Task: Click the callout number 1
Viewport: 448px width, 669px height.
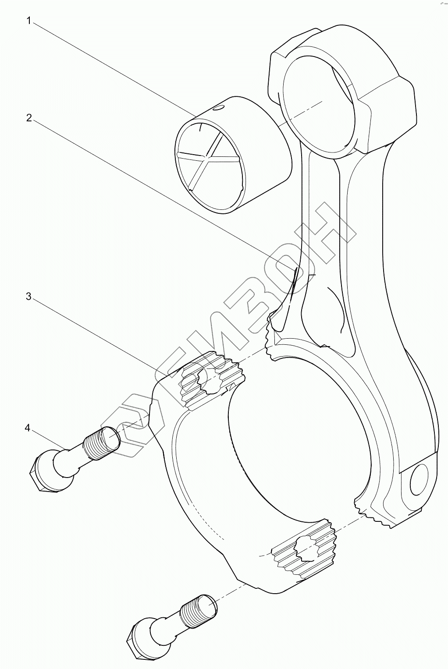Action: (x=28, y=21)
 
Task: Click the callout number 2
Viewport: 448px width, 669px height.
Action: (x=28, y=118)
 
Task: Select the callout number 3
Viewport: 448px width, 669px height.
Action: (x=28, y=297)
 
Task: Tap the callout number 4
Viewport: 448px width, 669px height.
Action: (x=28, y=428)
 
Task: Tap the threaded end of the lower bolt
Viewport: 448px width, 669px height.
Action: (x=199, y=609)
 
